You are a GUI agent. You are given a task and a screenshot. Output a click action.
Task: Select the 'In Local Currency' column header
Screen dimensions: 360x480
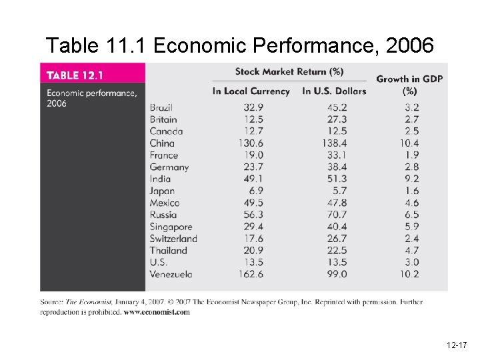[x=251, y=91]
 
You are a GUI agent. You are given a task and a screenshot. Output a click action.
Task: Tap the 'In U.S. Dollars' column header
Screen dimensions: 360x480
[x=334, y=91]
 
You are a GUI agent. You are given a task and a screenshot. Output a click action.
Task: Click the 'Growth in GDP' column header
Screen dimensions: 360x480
[x=409, y=85]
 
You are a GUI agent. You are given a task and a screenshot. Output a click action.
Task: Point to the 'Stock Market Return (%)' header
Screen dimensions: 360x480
[x=289, y=72]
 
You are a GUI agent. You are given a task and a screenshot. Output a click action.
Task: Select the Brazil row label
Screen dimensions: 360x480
[x=161, y=107]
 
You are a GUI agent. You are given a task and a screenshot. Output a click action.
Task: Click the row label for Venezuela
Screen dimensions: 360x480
[x=171, y=274]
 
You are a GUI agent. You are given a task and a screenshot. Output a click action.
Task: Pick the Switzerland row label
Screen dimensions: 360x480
[x=173, y=239]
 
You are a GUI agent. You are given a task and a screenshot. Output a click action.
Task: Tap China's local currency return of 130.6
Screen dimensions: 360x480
[x=251, y=143]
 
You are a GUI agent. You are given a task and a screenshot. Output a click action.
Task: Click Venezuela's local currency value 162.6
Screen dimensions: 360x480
[x=251, y=274]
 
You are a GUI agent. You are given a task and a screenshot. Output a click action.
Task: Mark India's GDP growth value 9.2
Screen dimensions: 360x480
[x=411, y=179]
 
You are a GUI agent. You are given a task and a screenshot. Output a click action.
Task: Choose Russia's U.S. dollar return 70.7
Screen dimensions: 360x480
[x=335, y=215]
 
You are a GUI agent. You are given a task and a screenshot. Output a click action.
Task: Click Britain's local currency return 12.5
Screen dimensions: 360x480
[x=253, y=119]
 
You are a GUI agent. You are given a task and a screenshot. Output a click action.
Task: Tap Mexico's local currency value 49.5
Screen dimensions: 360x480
[x=253, y=203]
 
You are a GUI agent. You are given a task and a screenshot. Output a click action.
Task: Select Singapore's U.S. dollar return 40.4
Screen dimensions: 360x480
[x=335, y=227]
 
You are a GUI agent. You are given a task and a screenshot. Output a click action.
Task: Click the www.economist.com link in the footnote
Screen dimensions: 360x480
[x=157, y=311]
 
